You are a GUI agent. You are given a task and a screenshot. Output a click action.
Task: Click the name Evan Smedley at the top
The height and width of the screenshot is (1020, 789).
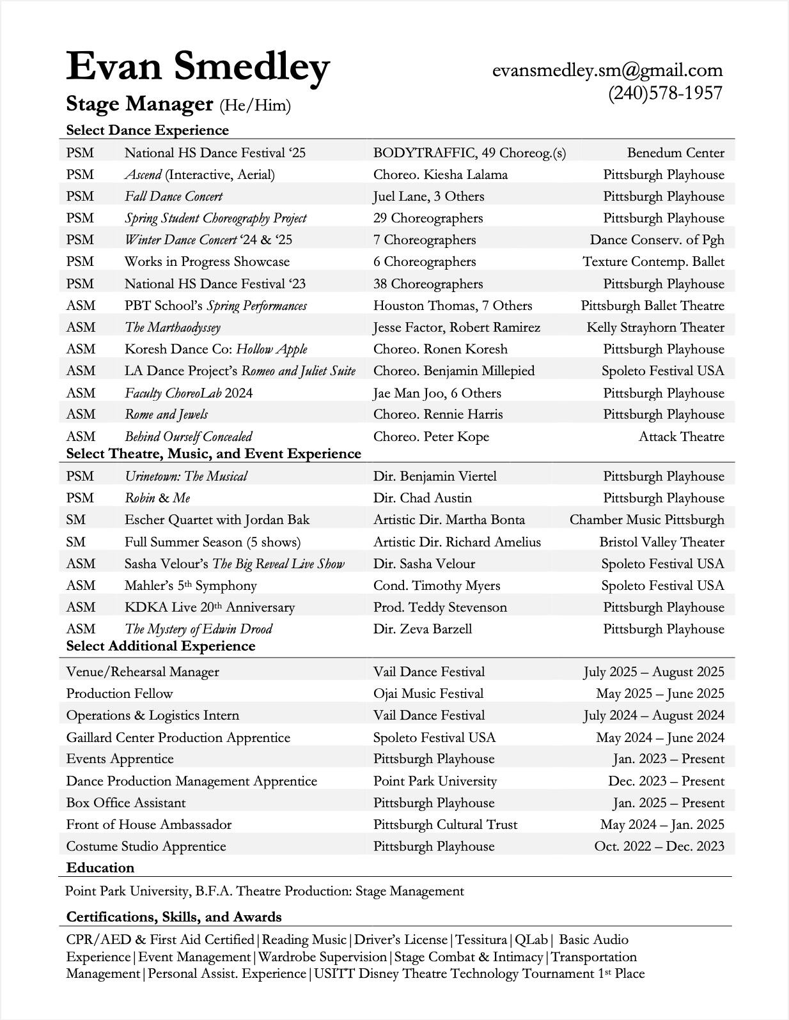point(198,66)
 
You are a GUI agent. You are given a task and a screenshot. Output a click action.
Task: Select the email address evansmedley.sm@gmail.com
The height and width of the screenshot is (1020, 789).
point(607,70)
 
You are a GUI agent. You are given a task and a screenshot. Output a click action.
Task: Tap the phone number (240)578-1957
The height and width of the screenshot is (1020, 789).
point(665,93)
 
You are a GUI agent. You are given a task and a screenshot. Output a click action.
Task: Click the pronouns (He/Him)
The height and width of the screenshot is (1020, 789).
point(255,105)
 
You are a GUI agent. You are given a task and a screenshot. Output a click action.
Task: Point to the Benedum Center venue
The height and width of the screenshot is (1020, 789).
point(675,153)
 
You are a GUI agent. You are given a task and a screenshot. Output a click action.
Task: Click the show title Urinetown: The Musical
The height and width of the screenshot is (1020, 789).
point(185,476)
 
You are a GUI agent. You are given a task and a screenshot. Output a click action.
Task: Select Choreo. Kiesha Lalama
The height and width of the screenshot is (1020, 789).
point(440,174)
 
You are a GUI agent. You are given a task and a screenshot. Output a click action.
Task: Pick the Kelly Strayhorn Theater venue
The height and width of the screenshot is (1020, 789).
point(655,327)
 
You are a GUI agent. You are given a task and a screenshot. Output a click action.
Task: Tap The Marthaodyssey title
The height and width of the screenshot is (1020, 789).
point(172,327)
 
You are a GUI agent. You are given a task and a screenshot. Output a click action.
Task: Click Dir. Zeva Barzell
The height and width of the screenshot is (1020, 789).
point(422,629)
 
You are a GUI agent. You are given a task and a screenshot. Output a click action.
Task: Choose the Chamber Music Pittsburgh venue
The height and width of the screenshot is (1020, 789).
point(646,520)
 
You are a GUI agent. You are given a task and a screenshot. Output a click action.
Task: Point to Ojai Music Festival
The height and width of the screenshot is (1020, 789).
point(428,693)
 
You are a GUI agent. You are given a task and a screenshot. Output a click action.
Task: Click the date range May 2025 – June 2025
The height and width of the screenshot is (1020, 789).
point(660,693)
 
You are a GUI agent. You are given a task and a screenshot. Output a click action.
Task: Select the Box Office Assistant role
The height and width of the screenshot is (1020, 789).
point(126,803)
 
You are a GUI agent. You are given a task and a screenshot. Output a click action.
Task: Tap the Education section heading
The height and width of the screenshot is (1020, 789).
point(100,868)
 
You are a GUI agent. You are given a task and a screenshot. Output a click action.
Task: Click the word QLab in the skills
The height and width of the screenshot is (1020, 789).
point(531,939)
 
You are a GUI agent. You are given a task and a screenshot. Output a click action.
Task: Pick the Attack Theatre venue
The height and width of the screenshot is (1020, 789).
point(681,437)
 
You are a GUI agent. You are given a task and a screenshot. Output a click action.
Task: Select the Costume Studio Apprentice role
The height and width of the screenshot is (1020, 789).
point(146,846)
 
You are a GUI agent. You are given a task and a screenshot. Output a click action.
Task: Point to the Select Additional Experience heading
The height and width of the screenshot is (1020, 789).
point(160,646)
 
